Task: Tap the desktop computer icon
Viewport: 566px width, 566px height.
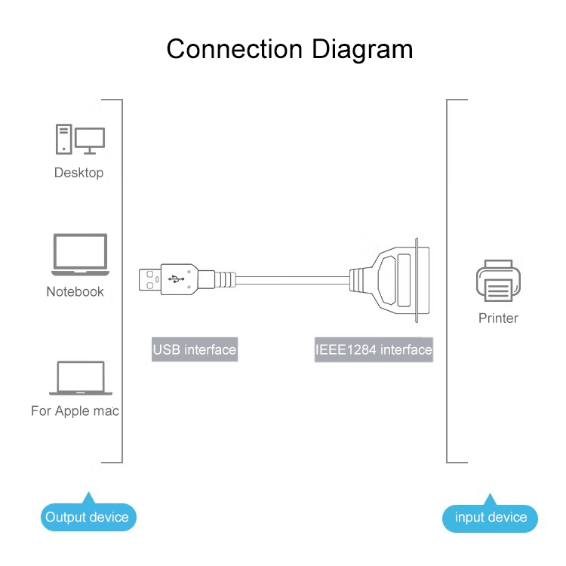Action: [79, 140]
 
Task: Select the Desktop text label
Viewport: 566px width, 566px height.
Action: [78, 173]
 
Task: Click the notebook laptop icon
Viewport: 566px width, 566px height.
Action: [79, 255]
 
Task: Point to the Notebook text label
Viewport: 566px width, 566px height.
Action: [75, 292]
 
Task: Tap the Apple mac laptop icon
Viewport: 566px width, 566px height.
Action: [80, 378]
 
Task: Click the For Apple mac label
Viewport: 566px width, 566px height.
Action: [75, 411]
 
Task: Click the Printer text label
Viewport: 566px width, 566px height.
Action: [498, 318]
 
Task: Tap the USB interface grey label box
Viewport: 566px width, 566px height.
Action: [194, 350]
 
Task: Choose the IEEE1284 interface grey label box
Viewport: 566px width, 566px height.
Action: [374, 350]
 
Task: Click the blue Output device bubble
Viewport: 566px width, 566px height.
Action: [88, 517]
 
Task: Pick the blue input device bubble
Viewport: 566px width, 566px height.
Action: [491, 518]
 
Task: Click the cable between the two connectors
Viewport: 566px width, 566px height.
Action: [294, 278]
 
